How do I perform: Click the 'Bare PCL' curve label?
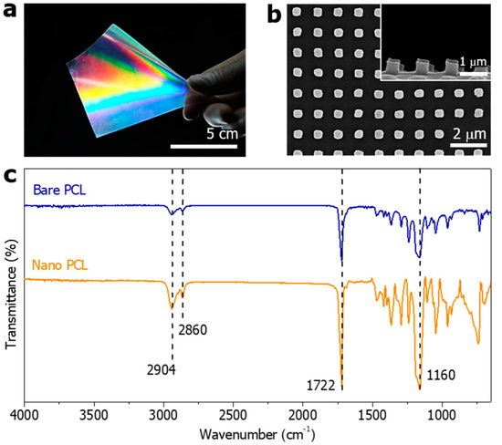(61, 191)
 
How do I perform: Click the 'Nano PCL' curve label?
(63, 264)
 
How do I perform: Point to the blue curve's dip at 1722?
(341, 262)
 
